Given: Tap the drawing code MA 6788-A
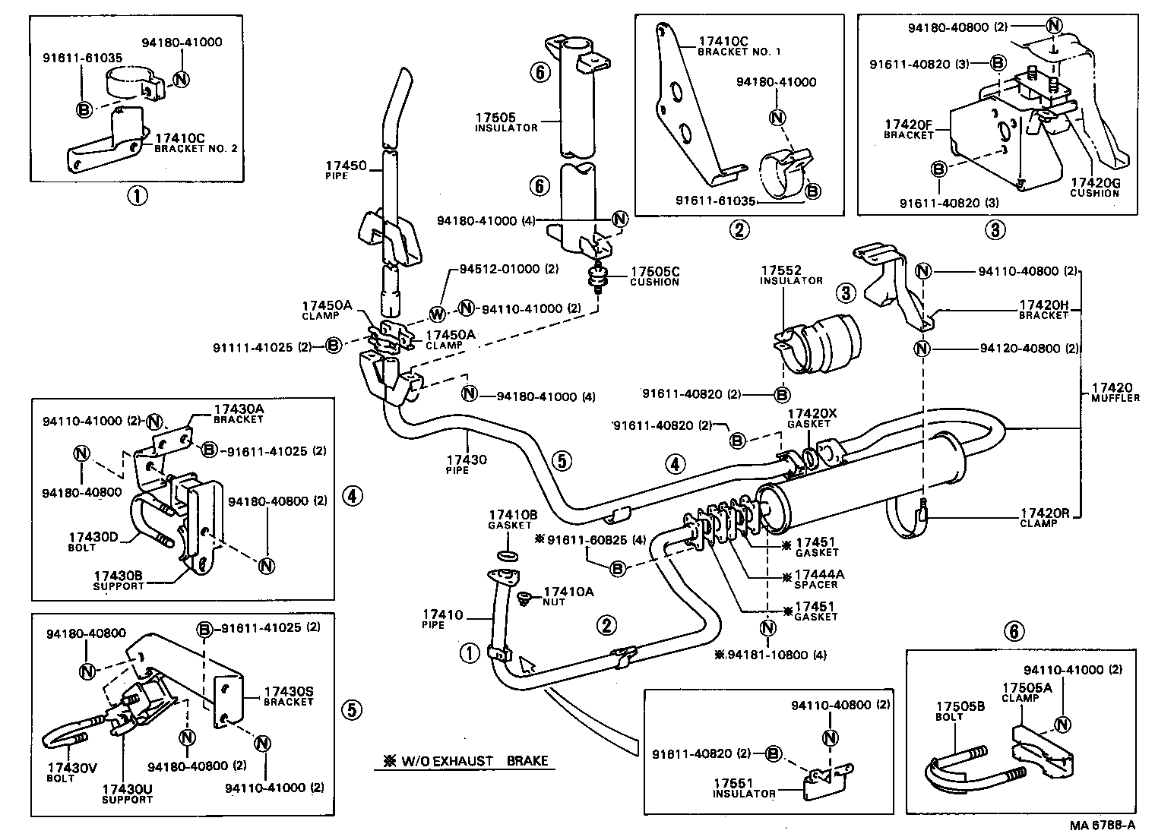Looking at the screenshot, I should (1103, 825).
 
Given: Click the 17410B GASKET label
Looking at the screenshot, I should (513, 519).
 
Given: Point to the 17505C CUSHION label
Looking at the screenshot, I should (654, 276).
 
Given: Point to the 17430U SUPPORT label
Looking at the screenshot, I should (127, 794).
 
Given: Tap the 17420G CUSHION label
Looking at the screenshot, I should (1095, 188).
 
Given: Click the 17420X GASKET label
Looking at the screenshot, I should (812, 418).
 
